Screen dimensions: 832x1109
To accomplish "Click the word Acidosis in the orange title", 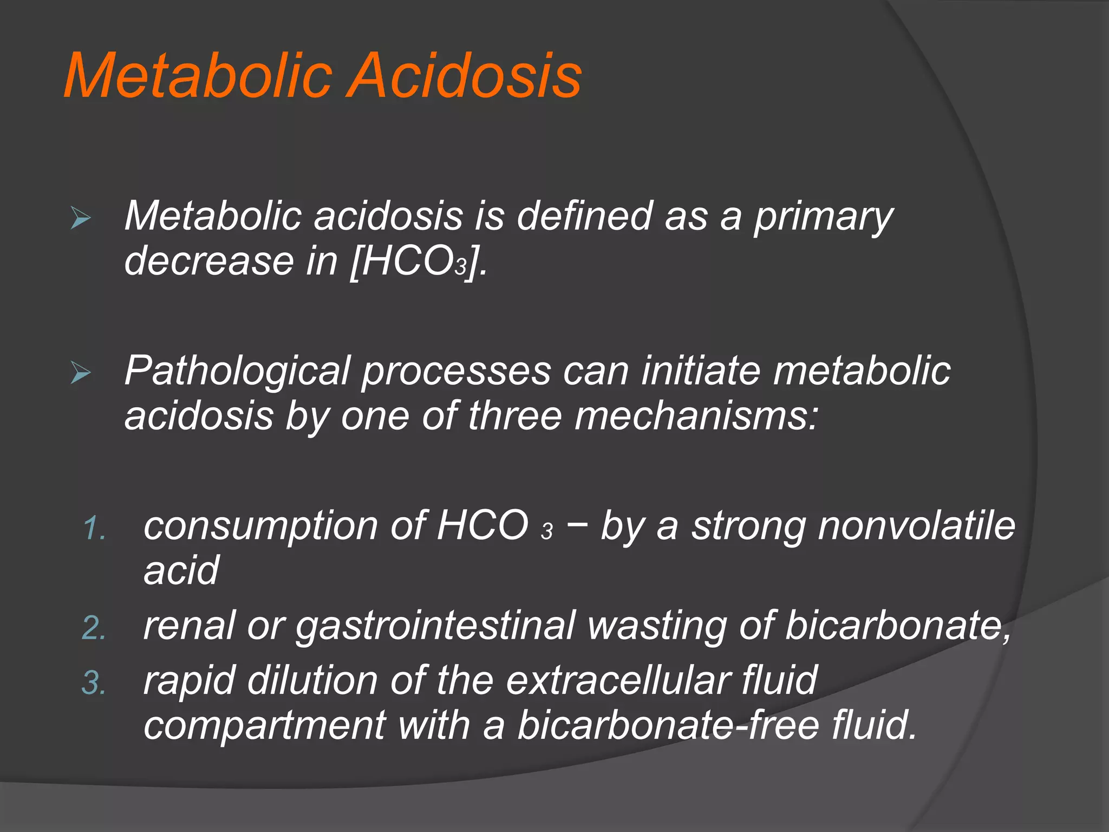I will click(x=464, y=76).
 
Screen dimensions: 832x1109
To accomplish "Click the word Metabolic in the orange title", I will click(x=198, y=76).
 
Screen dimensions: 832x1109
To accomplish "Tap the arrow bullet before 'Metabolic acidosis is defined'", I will click(x=81, y=219).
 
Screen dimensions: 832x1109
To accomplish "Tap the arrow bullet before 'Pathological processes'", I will click(x=81, y=373).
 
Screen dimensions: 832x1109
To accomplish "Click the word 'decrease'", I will click(x=209, y=261).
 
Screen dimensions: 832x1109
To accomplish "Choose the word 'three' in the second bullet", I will click(x=515, y=417).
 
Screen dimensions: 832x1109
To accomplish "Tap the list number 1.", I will click(x=95, y=528).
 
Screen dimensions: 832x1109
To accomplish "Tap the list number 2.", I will click(x=94, y=628).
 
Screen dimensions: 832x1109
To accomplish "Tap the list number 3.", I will click(x=94, y=683).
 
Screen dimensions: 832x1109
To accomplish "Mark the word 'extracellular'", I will click(x=618, y=680).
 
